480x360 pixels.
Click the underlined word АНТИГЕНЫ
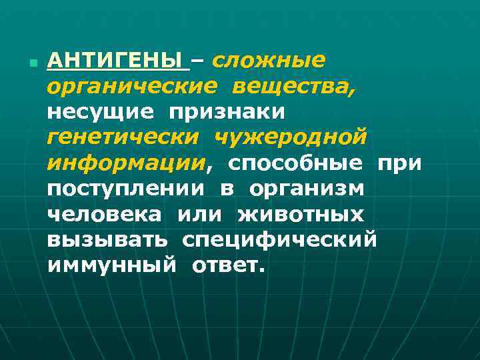point(117,61)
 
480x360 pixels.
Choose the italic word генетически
point(123,137)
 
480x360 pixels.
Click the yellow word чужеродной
point(291,137)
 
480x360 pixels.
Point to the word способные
point(296,163)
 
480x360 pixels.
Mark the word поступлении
point(125,189)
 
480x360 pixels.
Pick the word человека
point(104,214)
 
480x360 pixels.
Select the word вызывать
point(107,239)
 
